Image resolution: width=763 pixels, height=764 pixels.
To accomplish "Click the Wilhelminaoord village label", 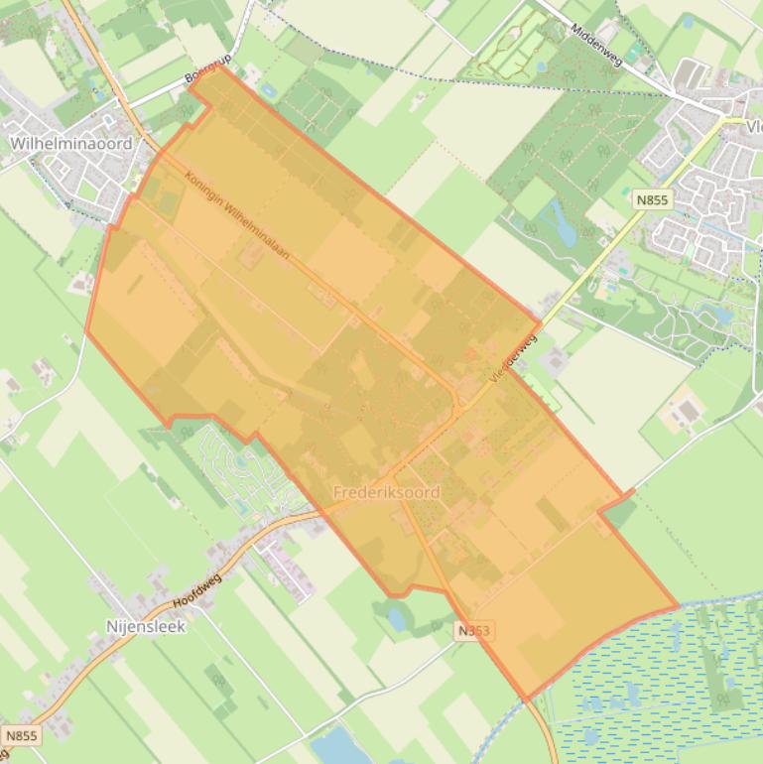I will pyautogui.click(x=70, y=143).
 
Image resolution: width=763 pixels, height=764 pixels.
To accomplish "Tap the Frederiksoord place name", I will pyautogui.click(x=386, y=492).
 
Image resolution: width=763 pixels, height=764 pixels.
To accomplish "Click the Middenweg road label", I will pyautogui.click(x=596, y=46).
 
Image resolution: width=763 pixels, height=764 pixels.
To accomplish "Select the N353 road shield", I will pyautogui.click(x=474, y=630).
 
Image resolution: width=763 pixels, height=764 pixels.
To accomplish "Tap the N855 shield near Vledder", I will pyautogui.click(x=652, y=199).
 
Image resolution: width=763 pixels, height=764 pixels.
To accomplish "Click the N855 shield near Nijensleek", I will pyautogui.click(x=21, y=735).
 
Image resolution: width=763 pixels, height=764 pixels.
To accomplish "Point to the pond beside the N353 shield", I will pyautogui.click(x=398, y=619).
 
